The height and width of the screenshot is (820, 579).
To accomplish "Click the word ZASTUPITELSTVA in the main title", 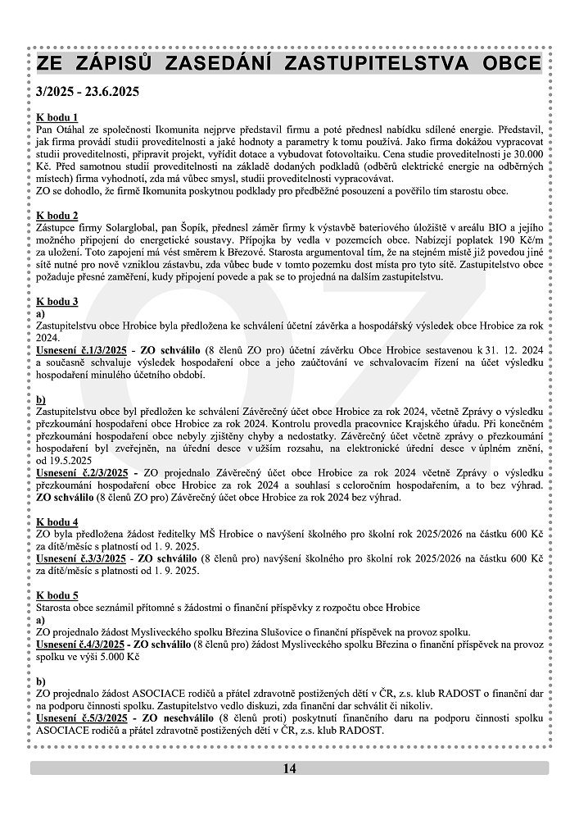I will [x=379, y=64].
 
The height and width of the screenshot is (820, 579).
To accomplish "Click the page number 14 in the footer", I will [x=289, y=768].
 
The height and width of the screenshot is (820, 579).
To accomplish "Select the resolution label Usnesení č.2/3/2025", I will [x=82, y=473].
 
